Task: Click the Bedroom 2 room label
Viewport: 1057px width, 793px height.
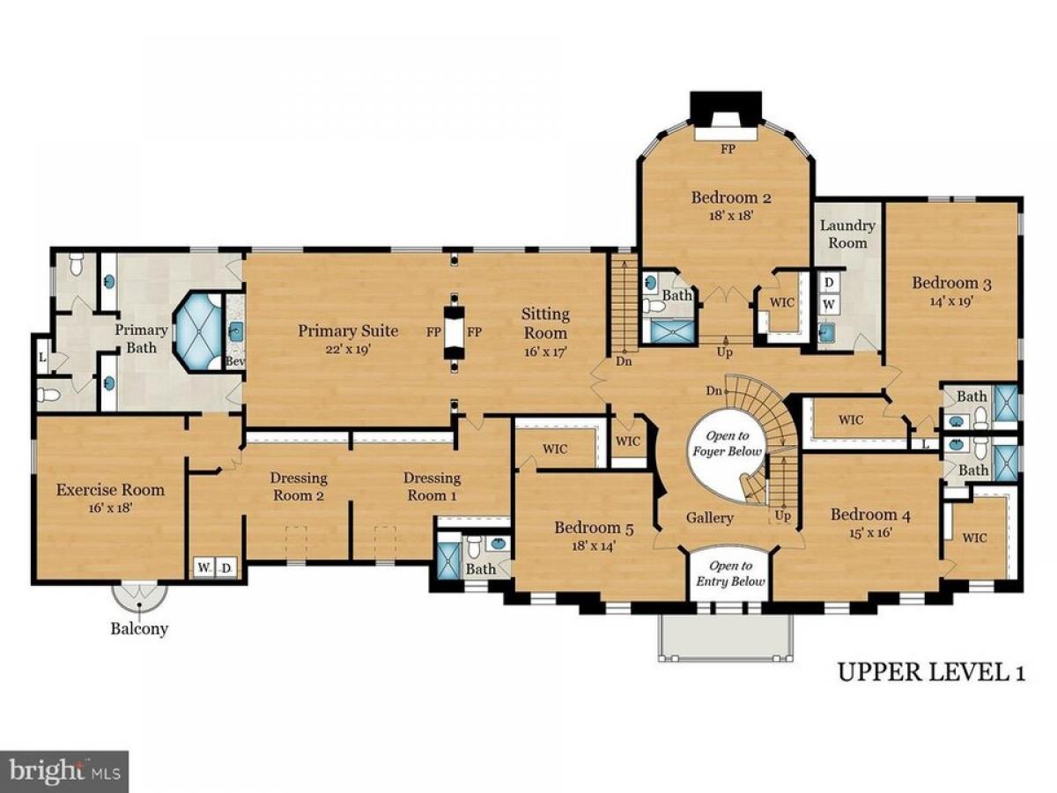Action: (x=731, y=198)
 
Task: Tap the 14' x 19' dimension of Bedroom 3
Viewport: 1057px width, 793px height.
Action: (x=952, y=302)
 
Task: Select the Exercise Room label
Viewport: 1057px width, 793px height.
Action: (x=110, y=490)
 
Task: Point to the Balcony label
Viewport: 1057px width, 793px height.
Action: (x=140, y=629)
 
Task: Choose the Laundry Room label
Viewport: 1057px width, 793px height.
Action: (x=847, y=234)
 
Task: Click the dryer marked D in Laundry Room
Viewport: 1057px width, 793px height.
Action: (x=829, y=282)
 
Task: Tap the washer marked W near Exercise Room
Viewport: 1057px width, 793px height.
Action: (x=203, y=568)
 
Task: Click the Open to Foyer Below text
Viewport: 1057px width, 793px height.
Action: (x=728, y=443)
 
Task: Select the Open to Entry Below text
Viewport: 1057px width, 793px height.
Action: (x=730, y=573)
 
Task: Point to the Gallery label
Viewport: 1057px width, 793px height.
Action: (x=710, y=517)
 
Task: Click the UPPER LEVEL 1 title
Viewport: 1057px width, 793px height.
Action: (x=932, y=672)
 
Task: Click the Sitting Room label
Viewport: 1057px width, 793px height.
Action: (x=545, y=323)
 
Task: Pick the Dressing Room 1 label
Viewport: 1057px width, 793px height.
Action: (x=432, y=486)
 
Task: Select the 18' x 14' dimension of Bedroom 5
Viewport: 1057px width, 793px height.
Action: (x=595, y=546)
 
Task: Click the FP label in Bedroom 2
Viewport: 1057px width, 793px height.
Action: (x=728, y=149)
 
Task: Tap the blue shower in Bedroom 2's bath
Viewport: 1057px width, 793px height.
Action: (x=673, y=331)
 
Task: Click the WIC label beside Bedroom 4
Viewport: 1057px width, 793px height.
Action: (x=975, y=537)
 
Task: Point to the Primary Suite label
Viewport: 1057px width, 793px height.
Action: (x=348, y=330)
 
